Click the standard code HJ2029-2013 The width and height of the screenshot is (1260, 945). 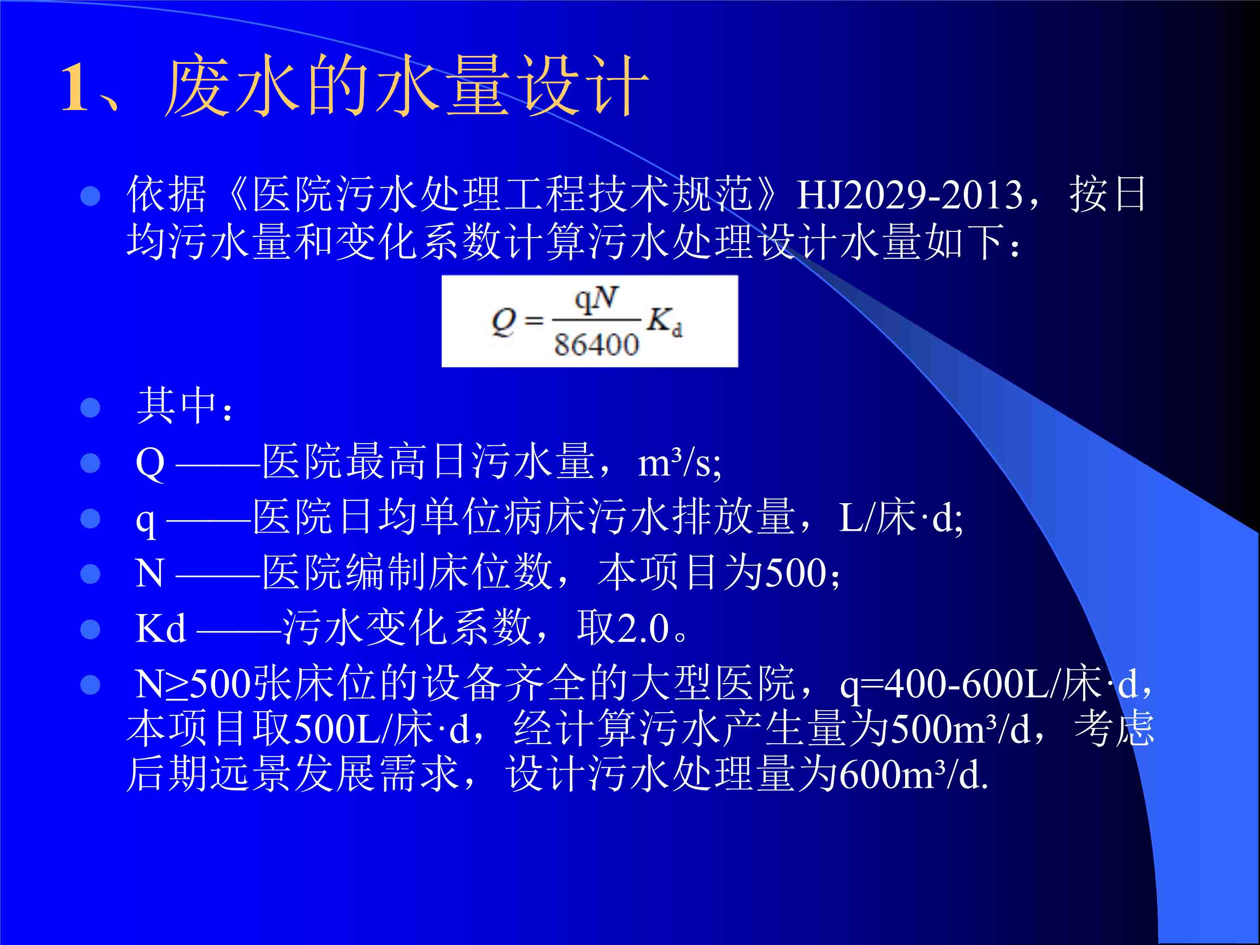[910, 195]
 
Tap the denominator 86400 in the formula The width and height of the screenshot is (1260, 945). [596, 345]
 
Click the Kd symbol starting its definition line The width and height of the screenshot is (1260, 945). [160, 628]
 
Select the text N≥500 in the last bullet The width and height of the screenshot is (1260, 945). [193, 683]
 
